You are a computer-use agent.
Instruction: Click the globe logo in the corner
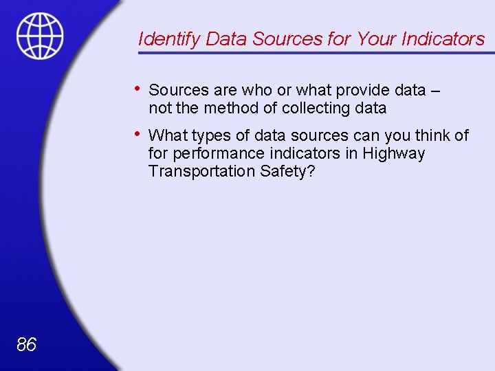[40, 36]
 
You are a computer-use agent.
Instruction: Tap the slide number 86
[26, 344]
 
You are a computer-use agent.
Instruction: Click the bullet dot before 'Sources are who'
[138, 89]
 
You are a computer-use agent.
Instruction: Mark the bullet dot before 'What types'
[138, 134]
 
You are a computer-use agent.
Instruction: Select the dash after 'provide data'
[434, 91]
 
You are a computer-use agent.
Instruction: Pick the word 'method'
[232, 108]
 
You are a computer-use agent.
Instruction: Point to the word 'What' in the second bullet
[166, 135]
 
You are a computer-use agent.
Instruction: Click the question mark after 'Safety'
[311, 171]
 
